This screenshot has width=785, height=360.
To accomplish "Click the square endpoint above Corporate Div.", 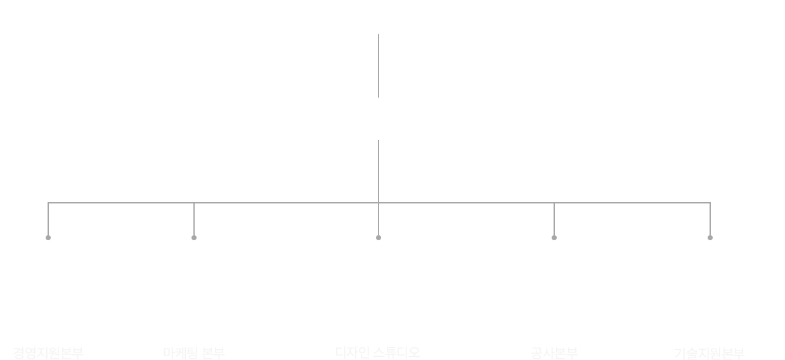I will [48, 237].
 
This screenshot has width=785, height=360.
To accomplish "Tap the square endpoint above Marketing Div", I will [193, 237].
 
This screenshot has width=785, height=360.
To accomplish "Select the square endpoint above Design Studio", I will [378, 237].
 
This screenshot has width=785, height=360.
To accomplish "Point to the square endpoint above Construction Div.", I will [554, 237].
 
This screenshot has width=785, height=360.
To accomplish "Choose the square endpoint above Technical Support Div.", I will [710, 237].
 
